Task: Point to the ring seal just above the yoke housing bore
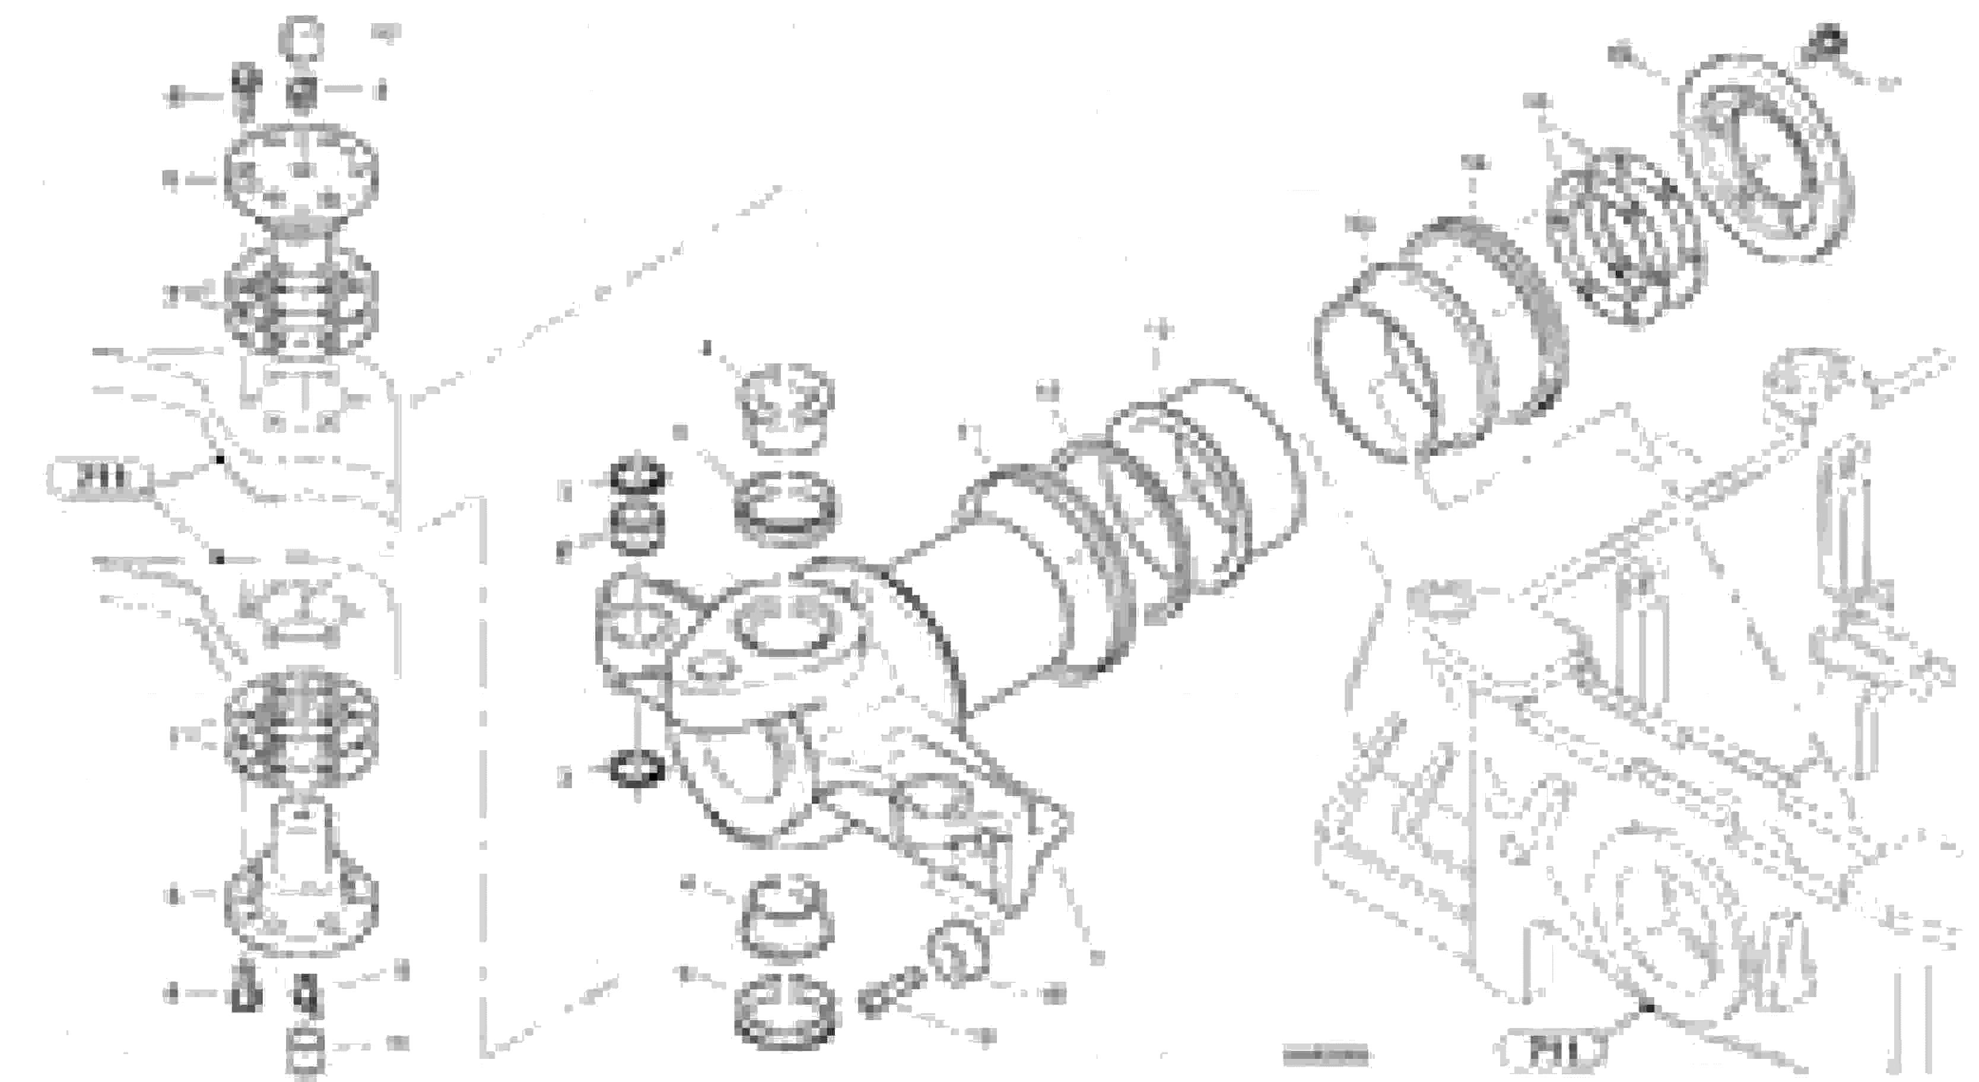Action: click(786, 508)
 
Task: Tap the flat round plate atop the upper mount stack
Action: click(301, 172)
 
